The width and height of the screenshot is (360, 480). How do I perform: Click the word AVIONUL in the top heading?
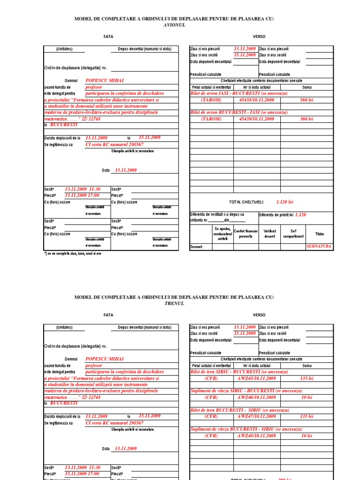(x=174, y=25)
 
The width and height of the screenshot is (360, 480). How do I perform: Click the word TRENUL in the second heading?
(x=174, y=303)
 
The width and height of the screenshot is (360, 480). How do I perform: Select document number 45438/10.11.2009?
(x=256, y=100)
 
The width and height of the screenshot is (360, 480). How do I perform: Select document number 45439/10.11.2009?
(x=256, y=119)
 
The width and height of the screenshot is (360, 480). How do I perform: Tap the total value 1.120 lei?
(x=285, y=202)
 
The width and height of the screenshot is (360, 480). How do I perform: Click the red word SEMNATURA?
(x=319, y=246)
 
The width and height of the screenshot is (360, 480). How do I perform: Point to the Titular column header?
(x=319, y=233)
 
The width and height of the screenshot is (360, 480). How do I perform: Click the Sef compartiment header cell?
(x=293, y=233)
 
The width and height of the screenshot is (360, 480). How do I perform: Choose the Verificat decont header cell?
(x=270, y=233)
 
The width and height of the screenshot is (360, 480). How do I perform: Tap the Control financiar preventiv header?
(x=246, y=233)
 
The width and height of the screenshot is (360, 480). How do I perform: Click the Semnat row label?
(x=196, y=247)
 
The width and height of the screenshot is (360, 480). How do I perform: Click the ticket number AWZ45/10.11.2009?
(x=256, y=378)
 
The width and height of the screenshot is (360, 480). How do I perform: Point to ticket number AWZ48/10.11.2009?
(x=256, y=435)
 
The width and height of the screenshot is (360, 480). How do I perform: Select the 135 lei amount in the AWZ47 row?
(x=307, y=416)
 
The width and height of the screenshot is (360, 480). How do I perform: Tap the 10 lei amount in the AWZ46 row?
(x=307, y=397)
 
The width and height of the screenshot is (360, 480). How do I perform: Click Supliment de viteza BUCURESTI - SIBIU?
(x=239, y=429)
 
